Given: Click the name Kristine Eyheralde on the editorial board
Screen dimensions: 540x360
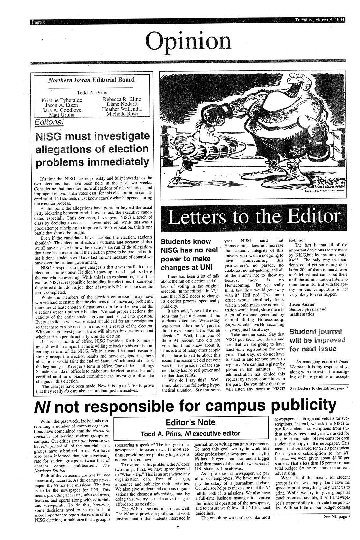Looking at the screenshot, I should click(62, 101).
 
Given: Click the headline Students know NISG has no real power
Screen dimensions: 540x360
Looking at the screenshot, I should click(190, 254).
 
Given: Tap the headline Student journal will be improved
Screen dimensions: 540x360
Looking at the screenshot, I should click(317, 340).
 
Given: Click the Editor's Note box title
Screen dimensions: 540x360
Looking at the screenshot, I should click(190, 422).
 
